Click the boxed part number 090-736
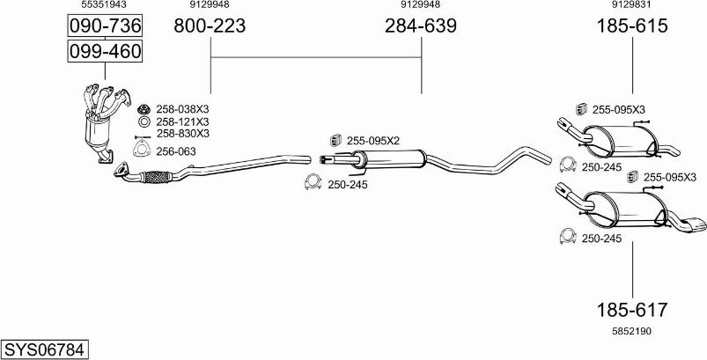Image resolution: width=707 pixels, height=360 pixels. (x=105, y=26)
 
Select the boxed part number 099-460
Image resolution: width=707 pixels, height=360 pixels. (x=105, y=51)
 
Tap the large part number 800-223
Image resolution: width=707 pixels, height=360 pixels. (x=210, y=26)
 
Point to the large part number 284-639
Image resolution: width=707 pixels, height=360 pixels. (x=421, y=26)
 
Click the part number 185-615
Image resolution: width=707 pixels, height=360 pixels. (x=632, y=26)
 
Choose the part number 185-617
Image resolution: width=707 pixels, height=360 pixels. (x=631, y=310)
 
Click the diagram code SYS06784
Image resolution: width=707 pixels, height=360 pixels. (x=44, y=349)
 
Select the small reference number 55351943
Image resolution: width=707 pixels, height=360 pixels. (x=104, y=4)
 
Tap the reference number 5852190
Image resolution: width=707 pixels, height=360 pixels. (x=631, y=331)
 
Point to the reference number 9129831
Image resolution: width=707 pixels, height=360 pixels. (x=631, y=4)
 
